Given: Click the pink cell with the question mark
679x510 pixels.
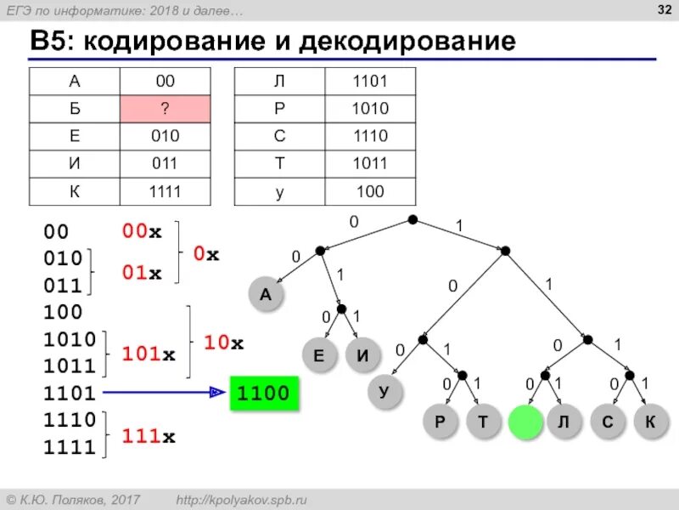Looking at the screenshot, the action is [x=165, y=109].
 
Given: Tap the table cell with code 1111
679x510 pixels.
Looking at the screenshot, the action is [x=165, y=191].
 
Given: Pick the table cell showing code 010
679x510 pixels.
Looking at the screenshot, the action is [x=165, y=136].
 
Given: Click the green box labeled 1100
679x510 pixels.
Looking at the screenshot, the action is [x=265, y=394].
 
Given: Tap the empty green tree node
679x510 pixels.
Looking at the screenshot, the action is [x=525, y=422].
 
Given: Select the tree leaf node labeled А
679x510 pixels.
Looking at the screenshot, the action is [x=265, y=294].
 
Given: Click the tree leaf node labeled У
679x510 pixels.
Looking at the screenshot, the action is [x=384, y=392].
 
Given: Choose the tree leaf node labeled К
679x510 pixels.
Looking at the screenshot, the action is [x=649, y=422].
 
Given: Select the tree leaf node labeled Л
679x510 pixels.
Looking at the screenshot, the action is [x=562, y=422].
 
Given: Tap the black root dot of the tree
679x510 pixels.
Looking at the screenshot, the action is [x=412, y=219].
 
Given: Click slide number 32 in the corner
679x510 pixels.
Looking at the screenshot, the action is [x=659, y=9].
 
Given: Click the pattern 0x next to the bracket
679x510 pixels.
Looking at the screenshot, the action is [x=206, y=254].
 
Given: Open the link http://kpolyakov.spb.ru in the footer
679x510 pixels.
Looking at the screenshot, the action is [x=252, y=499].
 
